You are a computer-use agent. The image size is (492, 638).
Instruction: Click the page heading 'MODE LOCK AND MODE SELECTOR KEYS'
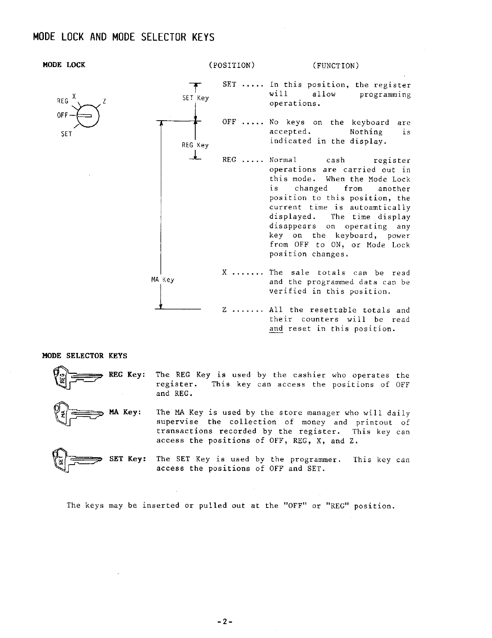[x=123, y=37]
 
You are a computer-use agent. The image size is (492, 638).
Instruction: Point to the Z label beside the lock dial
[x=105, y=101]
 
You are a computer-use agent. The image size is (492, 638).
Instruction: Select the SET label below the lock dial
[x=66, y=134]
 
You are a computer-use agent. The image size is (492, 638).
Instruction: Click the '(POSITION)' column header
[x=231, y=65]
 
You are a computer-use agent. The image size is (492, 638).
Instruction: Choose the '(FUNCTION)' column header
[x=335, y=65]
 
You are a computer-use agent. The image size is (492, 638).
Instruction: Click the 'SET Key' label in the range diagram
[x=195, y=98]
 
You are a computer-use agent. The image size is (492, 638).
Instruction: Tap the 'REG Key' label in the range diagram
[x=195, y=145]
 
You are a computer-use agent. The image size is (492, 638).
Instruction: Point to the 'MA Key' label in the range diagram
[x=162, y=280]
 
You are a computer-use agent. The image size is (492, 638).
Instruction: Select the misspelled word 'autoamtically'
[x=380, y=208]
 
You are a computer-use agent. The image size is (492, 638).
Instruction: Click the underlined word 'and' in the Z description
[x=276, y=329]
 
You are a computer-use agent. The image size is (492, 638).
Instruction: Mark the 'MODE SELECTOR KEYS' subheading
[x=85, y=356]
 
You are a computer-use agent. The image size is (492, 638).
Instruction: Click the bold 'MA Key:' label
[x=125, y=412]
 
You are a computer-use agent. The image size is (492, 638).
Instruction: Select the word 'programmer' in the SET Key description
[x=314, y=459]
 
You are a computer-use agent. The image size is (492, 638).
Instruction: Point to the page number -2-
[x=225, y=622]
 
